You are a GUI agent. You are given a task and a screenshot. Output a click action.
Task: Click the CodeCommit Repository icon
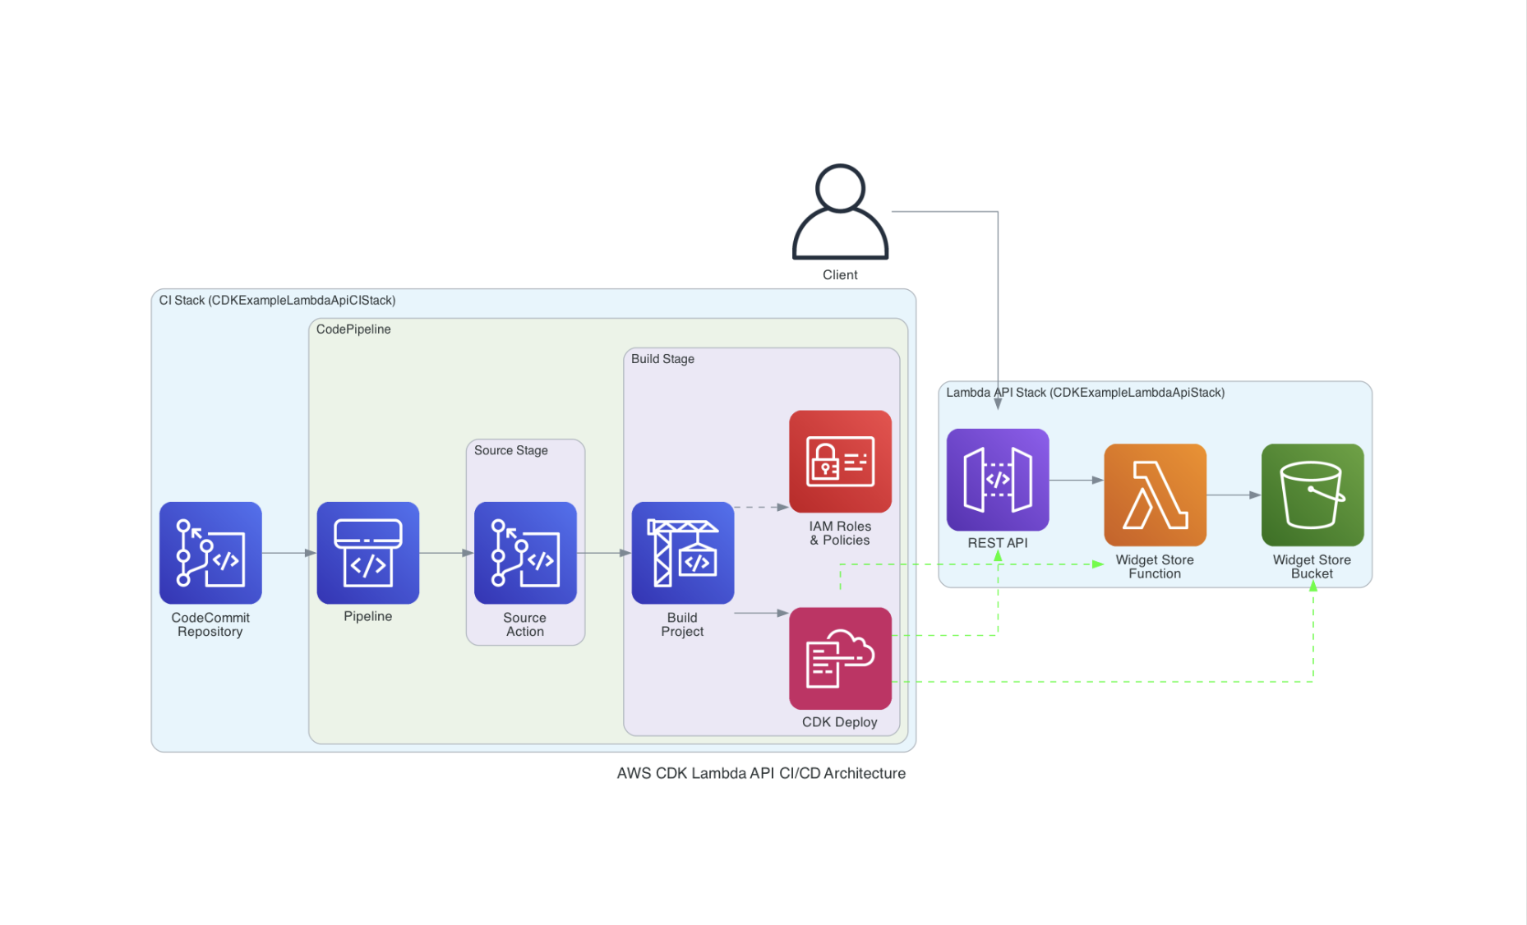210,553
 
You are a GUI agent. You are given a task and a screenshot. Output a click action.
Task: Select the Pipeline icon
368,553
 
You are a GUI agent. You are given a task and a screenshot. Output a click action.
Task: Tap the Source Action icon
525,553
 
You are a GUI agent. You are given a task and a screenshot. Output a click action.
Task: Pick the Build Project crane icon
683,553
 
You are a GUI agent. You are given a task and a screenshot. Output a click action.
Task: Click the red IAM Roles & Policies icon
840,462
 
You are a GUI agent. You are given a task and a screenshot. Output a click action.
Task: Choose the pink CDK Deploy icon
840,658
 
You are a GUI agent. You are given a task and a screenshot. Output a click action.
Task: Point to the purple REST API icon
998,480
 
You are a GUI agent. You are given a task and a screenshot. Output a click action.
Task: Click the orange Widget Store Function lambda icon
1155,495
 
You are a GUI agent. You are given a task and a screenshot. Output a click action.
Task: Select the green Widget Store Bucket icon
1312,495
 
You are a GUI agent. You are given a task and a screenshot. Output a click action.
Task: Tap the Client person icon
840,212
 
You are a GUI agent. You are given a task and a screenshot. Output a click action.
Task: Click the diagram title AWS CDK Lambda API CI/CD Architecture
761,773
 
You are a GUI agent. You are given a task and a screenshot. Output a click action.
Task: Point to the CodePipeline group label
353,329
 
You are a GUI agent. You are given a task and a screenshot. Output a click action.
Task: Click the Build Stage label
662,359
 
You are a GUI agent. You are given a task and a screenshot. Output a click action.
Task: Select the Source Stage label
510,450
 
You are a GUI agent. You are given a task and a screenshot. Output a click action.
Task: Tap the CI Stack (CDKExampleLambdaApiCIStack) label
277,301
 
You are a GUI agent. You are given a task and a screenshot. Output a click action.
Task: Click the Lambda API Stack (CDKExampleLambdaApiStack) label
1085,393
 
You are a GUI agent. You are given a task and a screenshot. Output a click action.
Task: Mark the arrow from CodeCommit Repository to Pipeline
289,553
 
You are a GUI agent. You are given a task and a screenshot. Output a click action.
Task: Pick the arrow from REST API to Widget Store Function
1077,480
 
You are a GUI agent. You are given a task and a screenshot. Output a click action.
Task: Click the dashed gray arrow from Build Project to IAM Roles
762,508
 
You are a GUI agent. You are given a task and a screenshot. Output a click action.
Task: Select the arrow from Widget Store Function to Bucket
1234,495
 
